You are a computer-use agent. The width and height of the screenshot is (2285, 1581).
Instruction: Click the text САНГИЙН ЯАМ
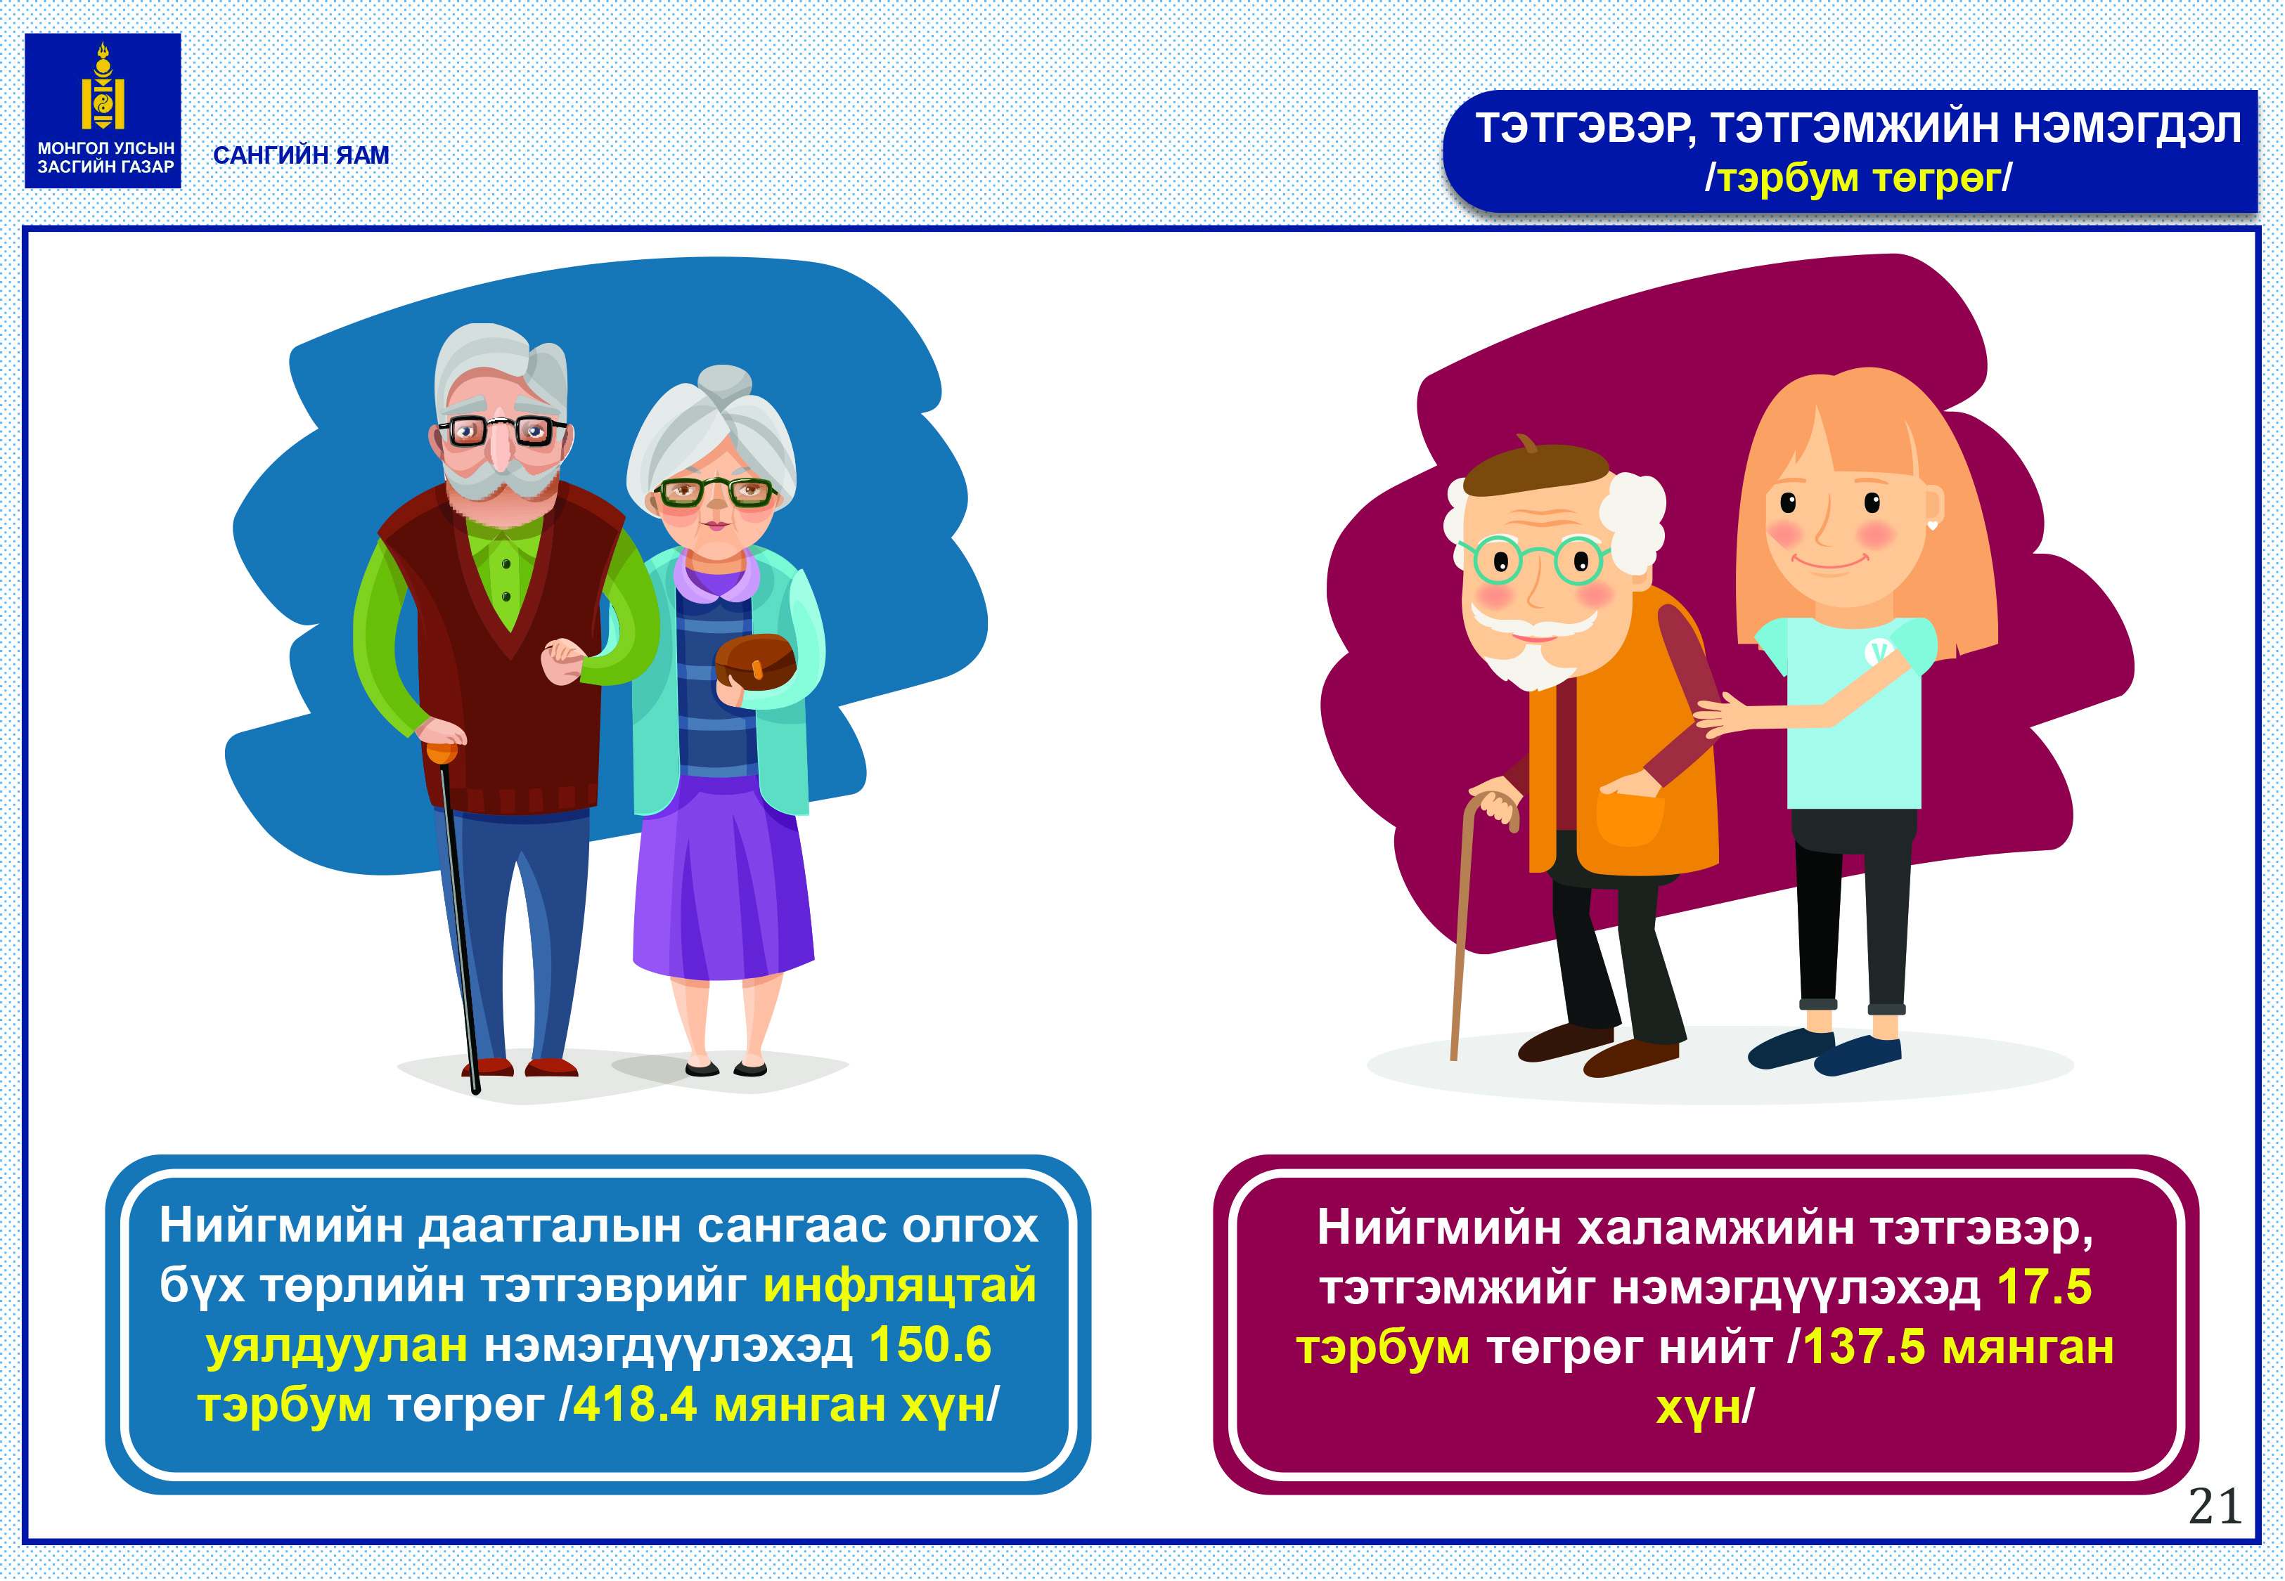click(x=301, y=155)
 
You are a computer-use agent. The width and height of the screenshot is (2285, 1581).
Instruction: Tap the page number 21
click(x=2215, y=1507)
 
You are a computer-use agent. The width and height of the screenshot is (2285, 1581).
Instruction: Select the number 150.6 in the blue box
click(x=929, y=1344)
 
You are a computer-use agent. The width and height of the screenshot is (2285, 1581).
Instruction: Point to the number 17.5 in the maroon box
click(x=2043, y=1287)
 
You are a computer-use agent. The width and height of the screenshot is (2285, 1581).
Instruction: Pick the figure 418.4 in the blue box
click(x=635, y=1404)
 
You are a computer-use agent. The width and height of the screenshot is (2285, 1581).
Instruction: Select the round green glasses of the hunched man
click(x=1534, y=560)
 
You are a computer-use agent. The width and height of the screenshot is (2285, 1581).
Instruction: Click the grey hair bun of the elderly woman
click(x=724, y=382)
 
